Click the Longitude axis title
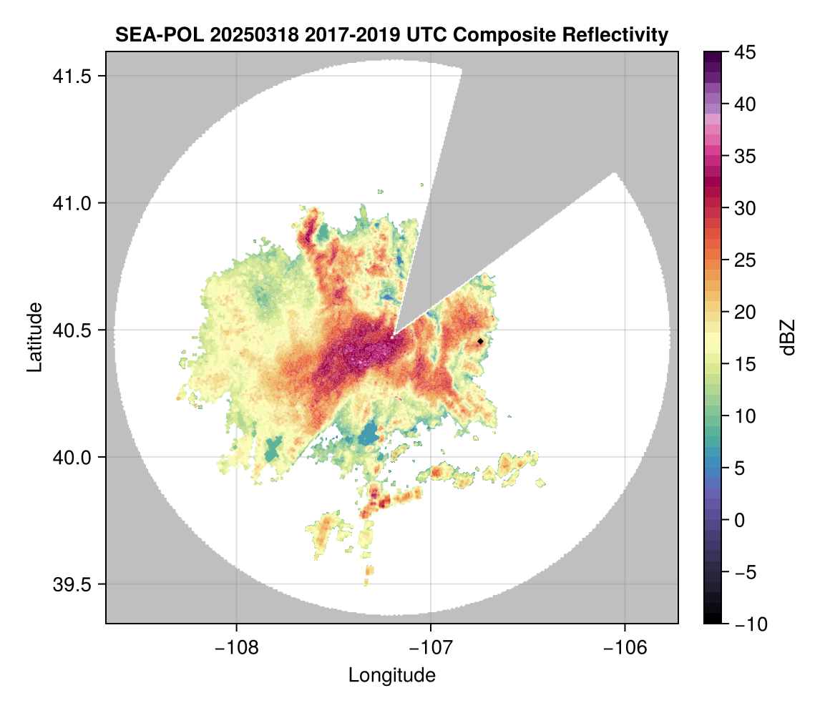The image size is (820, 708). pos(391,674)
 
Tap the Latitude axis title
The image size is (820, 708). pos(34,337)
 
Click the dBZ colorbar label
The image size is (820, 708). pos(788,338)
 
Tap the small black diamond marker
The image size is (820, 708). pos(481,342)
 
